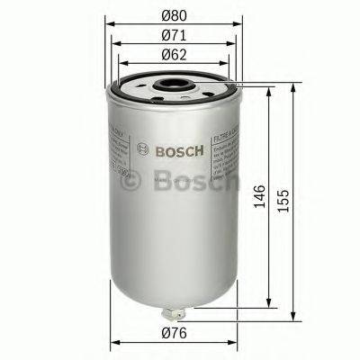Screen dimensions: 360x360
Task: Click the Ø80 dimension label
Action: click(x=174, y=15)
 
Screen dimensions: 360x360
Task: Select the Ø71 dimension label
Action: click(x=174, y=39)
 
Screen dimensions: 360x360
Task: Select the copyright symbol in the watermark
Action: click(x=132, y=183)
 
